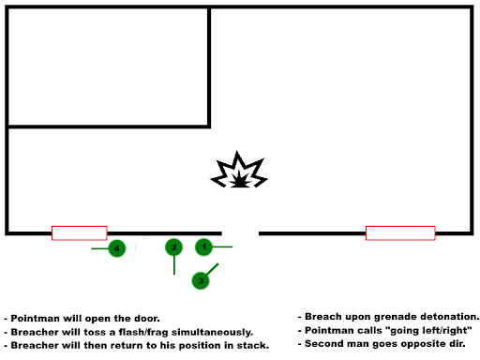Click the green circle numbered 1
pyautogui.click(x=203, y=247)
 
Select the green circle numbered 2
pyautogui.click(x=174, y=247)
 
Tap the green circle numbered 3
pyautogui.click(x=201, y=280)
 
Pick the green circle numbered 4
pyautogui.click(x=117, y=248)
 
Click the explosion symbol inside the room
pyautogui.click(x=239, y=170)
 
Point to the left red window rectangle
pyautogui.click(x=80, y=233)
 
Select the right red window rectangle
pyautogui.click(x=400, y=233)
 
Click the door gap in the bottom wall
pyautogui.click(x=240, y=233)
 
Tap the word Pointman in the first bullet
pyautogui.click(x=36, y=319)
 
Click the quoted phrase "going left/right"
pyautogui.click(x=429, y=330)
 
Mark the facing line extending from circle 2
pyautogui.click(x=174, y=265)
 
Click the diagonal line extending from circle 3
pyautogui.click(x=212, y=270)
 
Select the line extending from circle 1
pyautogui.click(x=222, y=247)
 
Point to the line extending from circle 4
pyautogui.click(x=99, y=248)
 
